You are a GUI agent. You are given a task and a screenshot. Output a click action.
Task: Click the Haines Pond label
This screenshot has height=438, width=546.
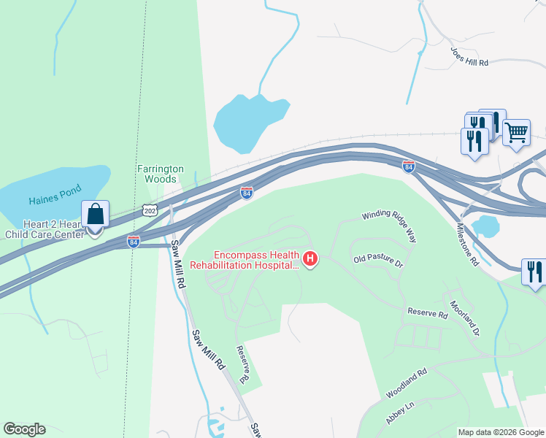pyautogui.click(x=53, y=200)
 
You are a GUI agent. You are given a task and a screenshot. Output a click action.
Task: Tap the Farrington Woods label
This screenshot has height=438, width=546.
pyautogui.click(x=157, y=174)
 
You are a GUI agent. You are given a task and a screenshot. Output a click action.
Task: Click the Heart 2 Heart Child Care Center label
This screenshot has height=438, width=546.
pyautogui.click(x=45, y=230)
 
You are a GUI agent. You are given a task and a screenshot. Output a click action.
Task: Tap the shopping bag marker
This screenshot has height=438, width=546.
pyautogui.click(x=95, y=214)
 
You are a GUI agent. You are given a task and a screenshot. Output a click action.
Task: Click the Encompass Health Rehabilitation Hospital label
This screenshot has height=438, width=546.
pyautogui.click(x=255, y=261)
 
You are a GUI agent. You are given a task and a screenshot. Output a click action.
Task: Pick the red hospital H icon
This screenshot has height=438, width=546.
pyautogui.click(x=311, y=259)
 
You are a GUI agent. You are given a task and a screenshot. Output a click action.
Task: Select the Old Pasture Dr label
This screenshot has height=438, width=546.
pyautogui.click(x=378, y=261)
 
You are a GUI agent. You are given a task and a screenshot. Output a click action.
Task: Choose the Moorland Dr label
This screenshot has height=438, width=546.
pyautogui.click(x=464, y=318)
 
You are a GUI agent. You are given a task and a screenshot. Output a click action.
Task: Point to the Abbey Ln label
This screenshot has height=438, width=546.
pyautogui.click(x=399, y=414)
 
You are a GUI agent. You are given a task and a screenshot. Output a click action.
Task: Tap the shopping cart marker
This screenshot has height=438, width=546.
pyautogui.click(x=516, y=132)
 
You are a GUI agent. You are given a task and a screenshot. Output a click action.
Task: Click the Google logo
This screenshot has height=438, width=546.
pyautogui.click(x=24, y=429)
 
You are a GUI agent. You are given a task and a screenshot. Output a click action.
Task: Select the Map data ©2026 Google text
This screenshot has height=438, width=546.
pyautogui.click(x=500, y=432)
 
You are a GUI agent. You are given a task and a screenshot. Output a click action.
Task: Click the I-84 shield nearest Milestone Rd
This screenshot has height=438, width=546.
pyautogui.click(x=409, y=167)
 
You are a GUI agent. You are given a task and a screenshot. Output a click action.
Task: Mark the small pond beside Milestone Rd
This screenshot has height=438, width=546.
pyautogui.click(x=484, y=226)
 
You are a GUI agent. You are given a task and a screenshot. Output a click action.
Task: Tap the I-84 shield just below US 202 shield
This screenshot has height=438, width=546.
pyautogui.click(x=133, y=241)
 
